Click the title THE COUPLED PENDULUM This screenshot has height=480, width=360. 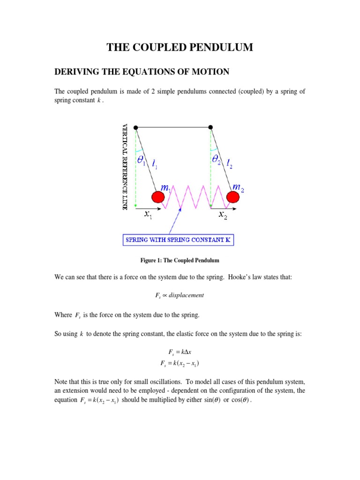tap(180, 47)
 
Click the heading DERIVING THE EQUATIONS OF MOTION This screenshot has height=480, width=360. tap(142, 72)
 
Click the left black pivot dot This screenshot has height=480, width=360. tap(135, 127)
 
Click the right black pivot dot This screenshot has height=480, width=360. tap(210, 127)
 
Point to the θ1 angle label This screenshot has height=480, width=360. tap(142, 161)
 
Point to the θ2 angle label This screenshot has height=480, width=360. tap(217, 161)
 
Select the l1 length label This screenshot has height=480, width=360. tap(155, 163)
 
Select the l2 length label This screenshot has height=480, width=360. tap(230, 163)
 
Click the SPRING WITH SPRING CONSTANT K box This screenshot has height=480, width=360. tap(178, 240)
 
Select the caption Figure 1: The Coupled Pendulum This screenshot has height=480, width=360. tap(180, 260)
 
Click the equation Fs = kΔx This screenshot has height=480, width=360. tap(180, 352)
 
